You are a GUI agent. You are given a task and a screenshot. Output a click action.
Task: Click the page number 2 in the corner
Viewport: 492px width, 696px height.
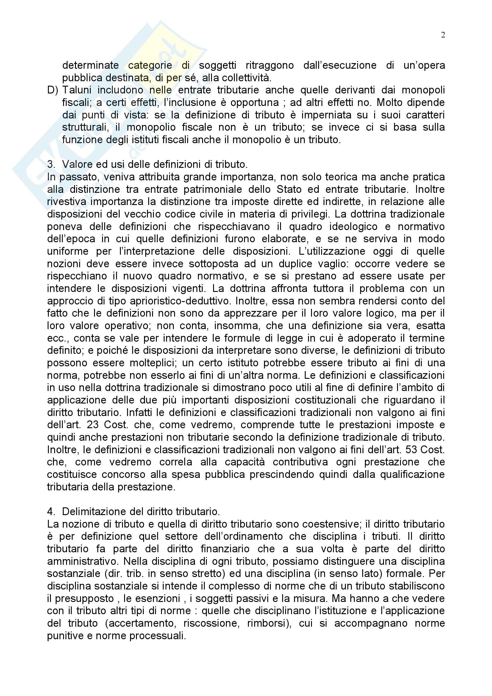[x=443, y=35]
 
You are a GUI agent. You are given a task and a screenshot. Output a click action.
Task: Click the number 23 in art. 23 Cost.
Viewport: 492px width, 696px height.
[x=93, y=425]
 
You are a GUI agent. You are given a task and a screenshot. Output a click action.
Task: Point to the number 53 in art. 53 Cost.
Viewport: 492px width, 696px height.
[x=411, y=450]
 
